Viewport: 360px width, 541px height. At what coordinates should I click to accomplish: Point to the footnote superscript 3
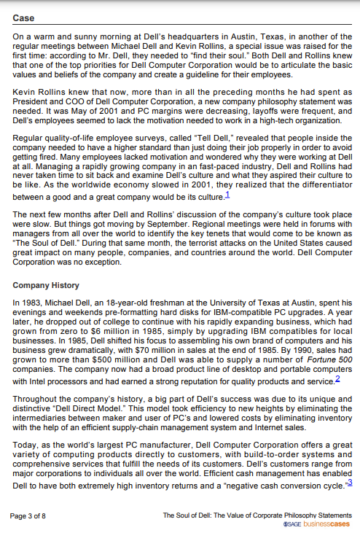pyautogui.click(x=351, y=481)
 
